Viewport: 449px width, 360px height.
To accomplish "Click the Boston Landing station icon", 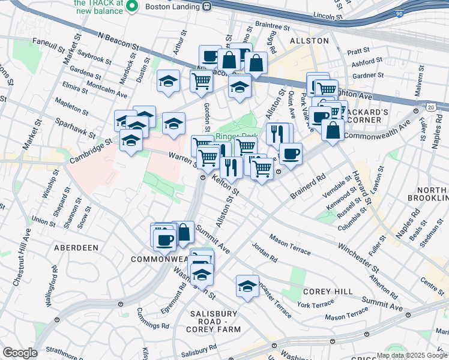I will pos(206,6).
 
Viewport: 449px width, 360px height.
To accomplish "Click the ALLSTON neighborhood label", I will pos(309,41).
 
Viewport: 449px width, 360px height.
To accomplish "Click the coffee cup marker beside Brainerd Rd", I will pos(291,154).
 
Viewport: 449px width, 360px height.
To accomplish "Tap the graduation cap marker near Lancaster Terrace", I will pos(247,286).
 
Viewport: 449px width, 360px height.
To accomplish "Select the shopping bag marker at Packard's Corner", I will pos(333,130).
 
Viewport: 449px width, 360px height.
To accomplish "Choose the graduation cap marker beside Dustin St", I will pos(169,81).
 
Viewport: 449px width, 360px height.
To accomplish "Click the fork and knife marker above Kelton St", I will pos(231,167).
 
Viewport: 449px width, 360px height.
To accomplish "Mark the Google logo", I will pos(20,353).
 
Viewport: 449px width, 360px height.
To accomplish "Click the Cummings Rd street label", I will pos(152,319).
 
